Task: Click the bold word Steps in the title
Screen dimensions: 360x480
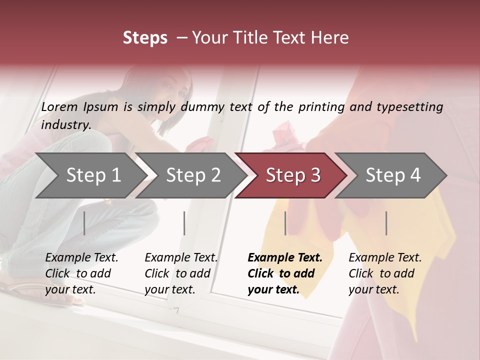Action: click(145, 38)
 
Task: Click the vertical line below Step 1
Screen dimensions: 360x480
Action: click(84, 223)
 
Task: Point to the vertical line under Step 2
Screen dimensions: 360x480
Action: click(184, 223)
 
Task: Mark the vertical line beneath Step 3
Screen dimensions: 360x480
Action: click(285, 223)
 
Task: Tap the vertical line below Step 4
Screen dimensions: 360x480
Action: click(386, 223)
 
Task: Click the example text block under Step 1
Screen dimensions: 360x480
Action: click(81, 273)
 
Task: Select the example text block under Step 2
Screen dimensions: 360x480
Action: click(181, 273)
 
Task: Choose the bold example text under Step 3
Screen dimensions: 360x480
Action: click(285, 273)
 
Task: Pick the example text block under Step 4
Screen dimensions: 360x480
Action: click(385, 273)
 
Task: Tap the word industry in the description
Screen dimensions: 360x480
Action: click(65, 125)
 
